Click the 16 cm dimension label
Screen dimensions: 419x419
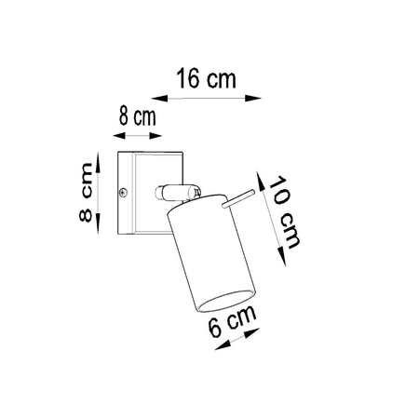point(206,78)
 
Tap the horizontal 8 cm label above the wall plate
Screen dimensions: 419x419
point(136,117)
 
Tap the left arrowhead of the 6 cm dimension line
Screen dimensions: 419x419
point(218,346)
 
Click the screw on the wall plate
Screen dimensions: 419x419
point(125,193)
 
